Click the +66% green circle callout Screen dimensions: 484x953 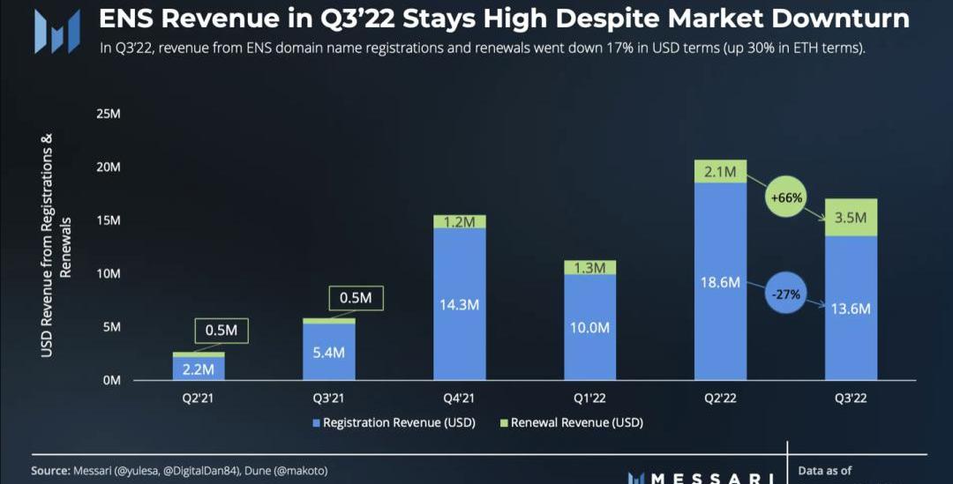click(784, 198)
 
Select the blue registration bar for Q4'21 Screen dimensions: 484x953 click(459, 304)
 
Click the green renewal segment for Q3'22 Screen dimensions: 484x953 click(851, 217)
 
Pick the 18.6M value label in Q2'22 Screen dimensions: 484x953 click(720, 282)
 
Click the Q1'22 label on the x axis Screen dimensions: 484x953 click(589, 398)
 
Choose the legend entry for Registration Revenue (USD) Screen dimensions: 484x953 click(393, 423)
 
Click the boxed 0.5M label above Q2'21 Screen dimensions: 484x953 click(221, 331)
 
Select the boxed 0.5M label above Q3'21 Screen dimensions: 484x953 click(356, 299)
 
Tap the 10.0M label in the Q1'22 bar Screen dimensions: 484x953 click(589, 328)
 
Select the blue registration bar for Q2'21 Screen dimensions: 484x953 click(199, 368)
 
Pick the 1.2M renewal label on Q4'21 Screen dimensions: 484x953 click(459, 222)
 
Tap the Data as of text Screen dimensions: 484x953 click(825, 471)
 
